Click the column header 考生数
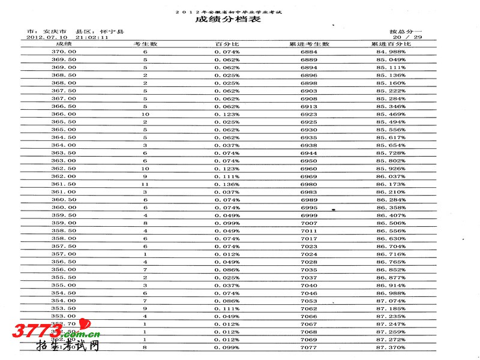coord(145,44)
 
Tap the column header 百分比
coord(227,44)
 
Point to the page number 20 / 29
coord(410,37)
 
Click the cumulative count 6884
coord(309,52)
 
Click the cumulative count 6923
coord(309,114)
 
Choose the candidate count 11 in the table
coord(145,184)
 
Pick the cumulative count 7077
coord(309,347)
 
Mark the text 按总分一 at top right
coord(406,31)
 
